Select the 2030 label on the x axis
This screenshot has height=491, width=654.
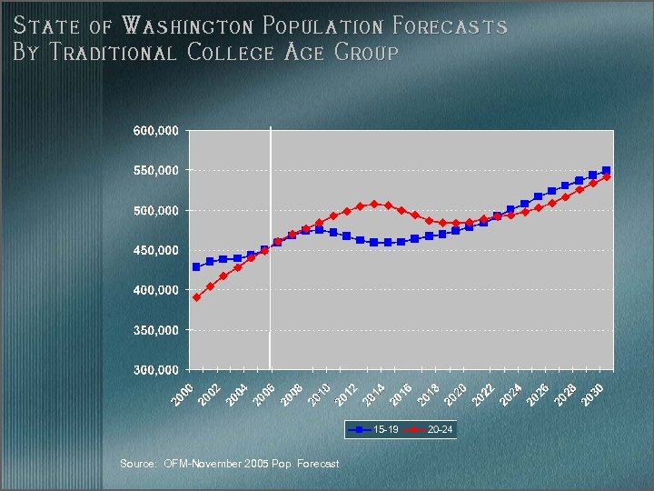(593, 395)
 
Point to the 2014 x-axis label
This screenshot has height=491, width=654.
(375, 395)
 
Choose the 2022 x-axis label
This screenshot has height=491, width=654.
(484, 395)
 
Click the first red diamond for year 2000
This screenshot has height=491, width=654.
(196, 297)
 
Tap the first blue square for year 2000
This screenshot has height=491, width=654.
(196, 267)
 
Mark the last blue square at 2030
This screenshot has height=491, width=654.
(606, 171)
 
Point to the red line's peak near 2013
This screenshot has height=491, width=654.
(374, 204)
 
